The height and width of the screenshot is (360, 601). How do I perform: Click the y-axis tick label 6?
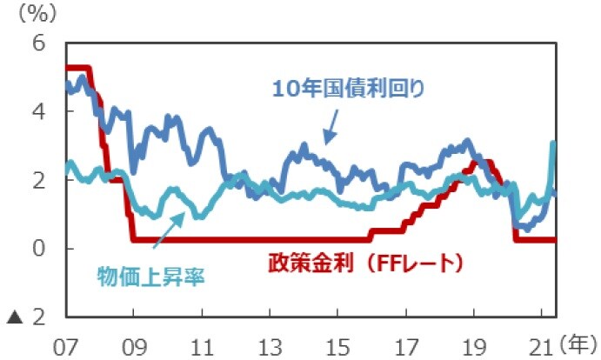pos(39,43)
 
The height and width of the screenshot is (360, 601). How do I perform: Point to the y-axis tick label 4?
pos(39,111)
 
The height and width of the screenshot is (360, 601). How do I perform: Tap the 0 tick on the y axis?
pos(39,249)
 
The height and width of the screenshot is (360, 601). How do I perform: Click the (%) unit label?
pos(36,15)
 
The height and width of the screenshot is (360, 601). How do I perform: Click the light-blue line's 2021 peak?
pos(553,144)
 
